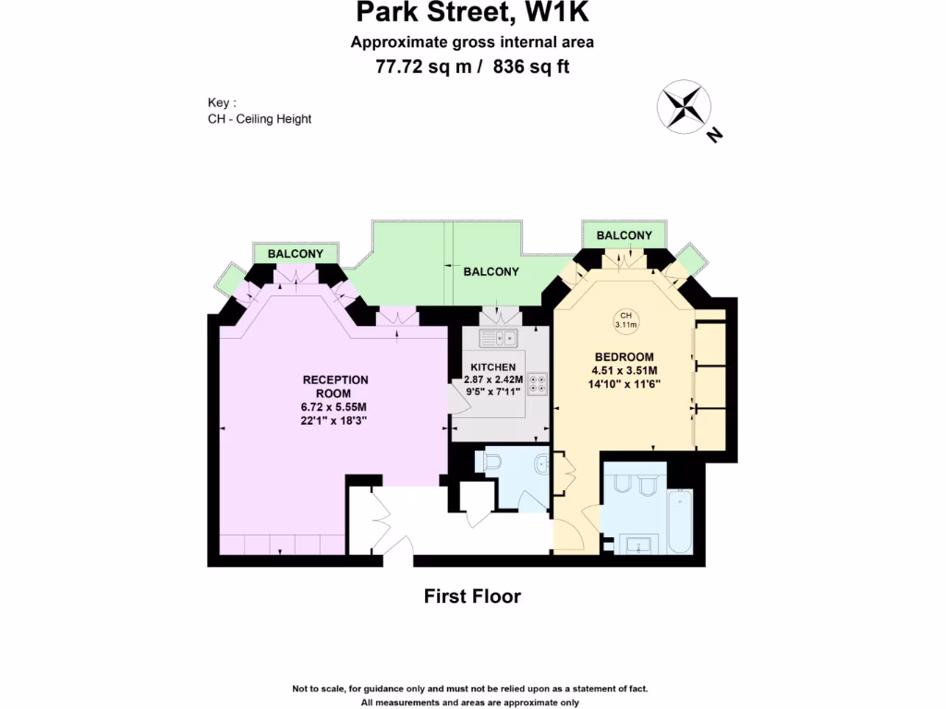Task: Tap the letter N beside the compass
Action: click(x=713, y=136)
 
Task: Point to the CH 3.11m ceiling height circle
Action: click(x=627, y=320)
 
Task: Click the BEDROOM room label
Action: click(x=625, y=357)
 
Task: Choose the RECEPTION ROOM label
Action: click(x=335, y=386)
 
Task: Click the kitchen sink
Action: click(x=498, y=339)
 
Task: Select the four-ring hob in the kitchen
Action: click(x=537, y=383)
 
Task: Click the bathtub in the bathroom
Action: click(x=679, y=523)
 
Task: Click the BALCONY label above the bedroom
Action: click(x=624, y=235)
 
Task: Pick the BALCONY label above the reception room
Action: click(x=296, y=254)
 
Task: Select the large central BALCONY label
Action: click(x=491, y=271)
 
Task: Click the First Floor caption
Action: click(x=472, y=596)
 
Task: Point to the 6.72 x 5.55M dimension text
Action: click(x=335, y=407)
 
